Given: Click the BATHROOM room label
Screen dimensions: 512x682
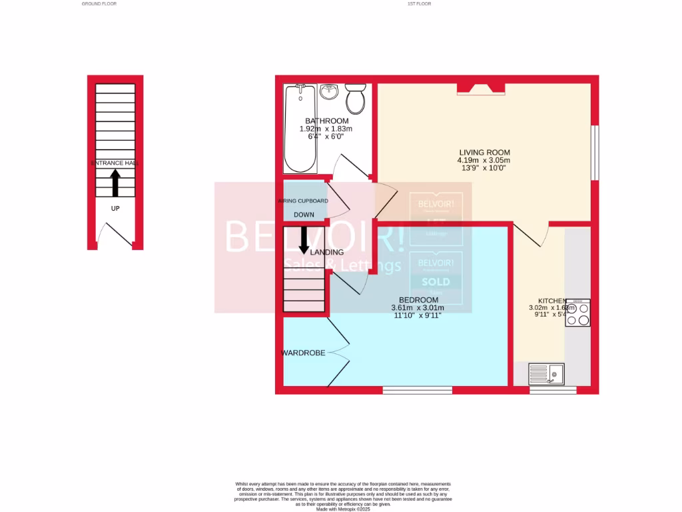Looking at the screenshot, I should tap(326, 121).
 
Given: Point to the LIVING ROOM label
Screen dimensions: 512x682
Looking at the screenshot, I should tap(484, 153).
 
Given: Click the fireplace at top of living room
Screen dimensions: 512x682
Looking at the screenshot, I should tap(480, 88).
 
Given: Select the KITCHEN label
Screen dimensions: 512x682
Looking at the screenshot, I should tap(552, 301).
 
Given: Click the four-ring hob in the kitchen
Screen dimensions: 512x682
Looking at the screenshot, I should tap(577, 313).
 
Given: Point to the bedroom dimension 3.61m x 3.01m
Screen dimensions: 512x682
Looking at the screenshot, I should tap(418, 308).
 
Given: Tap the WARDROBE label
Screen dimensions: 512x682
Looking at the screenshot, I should tap(303, 353).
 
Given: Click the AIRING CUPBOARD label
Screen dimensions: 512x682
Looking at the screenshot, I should tap(303, 201).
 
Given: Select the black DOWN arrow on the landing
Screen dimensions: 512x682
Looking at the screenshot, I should tap(304, 240).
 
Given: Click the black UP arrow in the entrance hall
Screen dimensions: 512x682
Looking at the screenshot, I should tap(115, 183).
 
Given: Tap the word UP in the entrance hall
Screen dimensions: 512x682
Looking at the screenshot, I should tap(115, 208).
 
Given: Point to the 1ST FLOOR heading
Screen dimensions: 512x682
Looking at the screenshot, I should tap(420, 4).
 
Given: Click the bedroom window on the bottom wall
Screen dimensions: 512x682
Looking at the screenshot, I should tap(418, 390).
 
